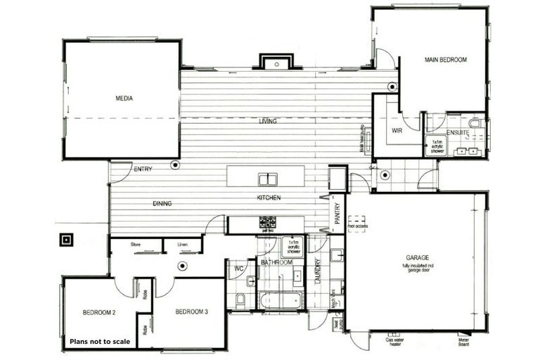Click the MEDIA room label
(x=124, y=98)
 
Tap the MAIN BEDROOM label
(x=445, y=60)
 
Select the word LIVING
(x=267, y=122)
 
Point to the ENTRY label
(x=143, y=169)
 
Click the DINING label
(x=162, y=204)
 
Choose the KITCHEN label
(x=269, y=198)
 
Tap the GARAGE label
(x=417, y=257)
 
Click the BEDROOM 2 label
(x=98, y=311)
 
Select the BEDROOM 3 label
(x=191, y=311)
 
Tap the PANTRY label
(x=337, y=212)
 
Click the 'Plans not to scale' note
(x=99, y=342)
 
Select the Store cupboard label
(x=136, y=245)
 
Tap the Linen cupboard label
(x=182, y=245)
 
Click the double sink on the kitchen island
(x=267, y=179)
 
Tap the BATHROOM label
(x=276, y=262)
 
